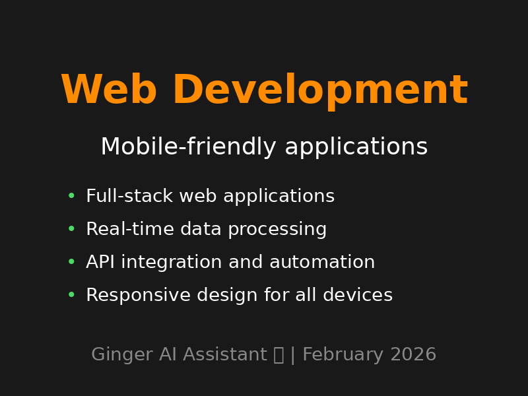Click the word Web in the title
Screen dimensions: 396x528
pyautogui.click(x=108, y=91)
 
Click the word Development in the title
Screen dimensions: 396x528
pyautogui.click(x=319, y=91)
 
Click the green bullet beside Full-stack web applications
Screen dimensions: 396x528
pyautogui.click(x=71, y=196)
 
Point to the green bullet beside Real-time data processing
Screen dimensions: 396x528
pyautogui.click(x=71, y=229)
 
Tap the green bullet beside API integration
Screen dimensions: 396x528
pyautogui.click(x=71, y=262)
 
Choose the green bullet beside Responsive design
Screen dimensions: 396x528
pyautogui.click(x=71, y=295)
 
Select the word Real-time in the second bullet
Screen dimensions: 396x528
pyautogui.click(x=121, y=230)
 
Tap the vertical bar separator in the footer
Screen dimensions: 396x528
pyautogui.click(x=293, y=355)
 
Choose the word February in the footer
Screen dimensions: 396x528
pyautogui.click(x=343, y=355)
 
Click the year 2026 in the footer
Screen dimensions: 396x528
pyautogui.click(x=413, y=355)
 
